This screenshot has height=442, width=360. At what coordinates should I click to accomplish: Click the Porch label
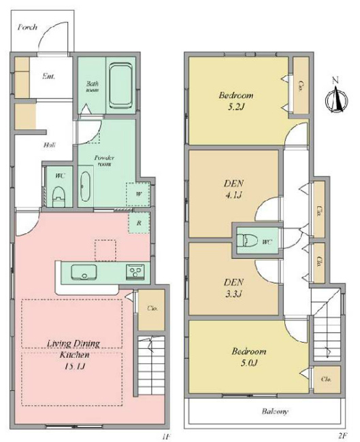click(27, 28)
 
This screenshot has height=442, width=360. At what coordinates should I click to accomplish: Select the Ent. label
click(48, 76)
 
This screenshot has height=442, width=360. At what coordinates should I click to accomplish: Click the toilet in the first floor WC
click(59, 193)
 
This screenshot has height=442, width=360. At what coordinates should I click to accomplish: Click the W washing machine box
click(138, 192)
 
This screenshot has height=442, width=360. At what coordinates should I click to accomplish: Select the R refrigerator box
click(138, 222)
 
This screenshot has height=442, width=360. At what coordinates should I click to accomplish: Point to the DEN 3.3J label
click(233, 286)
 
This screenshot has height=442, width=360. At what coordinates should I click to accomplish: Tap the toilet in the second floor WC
click(246, 241)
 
